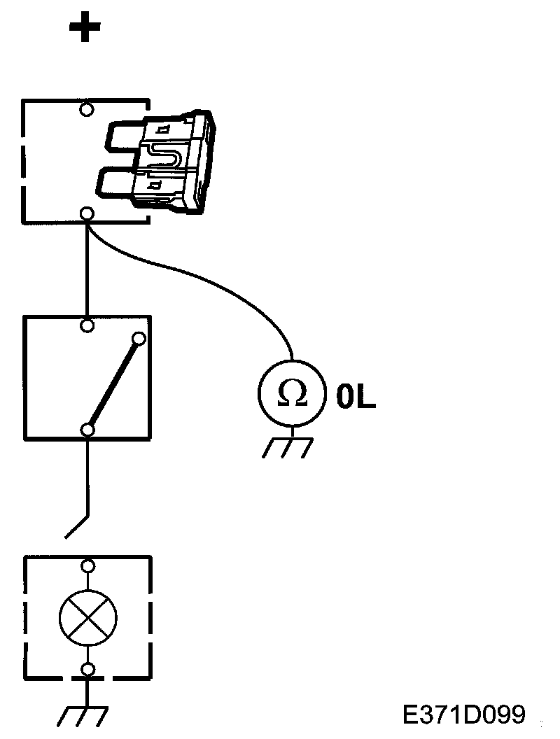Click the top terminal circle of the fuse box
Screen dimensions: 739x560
pos(87,109)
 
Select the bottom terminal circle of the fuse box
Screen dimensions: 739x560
pos(87,214)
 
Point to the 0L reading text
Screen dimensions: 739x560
pos(356,396)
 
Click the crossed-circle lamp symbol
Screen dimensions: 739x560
pos(87,617)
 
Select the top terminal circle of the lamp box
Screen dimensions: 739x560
pos(87,565)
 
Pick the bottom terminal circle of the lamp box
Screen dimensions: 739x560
pos(87,670)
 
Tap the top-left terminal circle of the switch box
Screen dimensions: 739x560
pos(87,325)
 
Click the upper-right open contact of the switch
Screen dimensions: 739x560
pos(139,339)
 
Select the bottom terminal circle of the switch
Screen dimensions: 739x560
pos(87,429)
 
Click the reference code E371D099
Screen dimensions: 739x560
pos(464,715)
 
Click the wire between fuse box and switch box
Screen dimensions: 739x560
pos(87,269)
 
